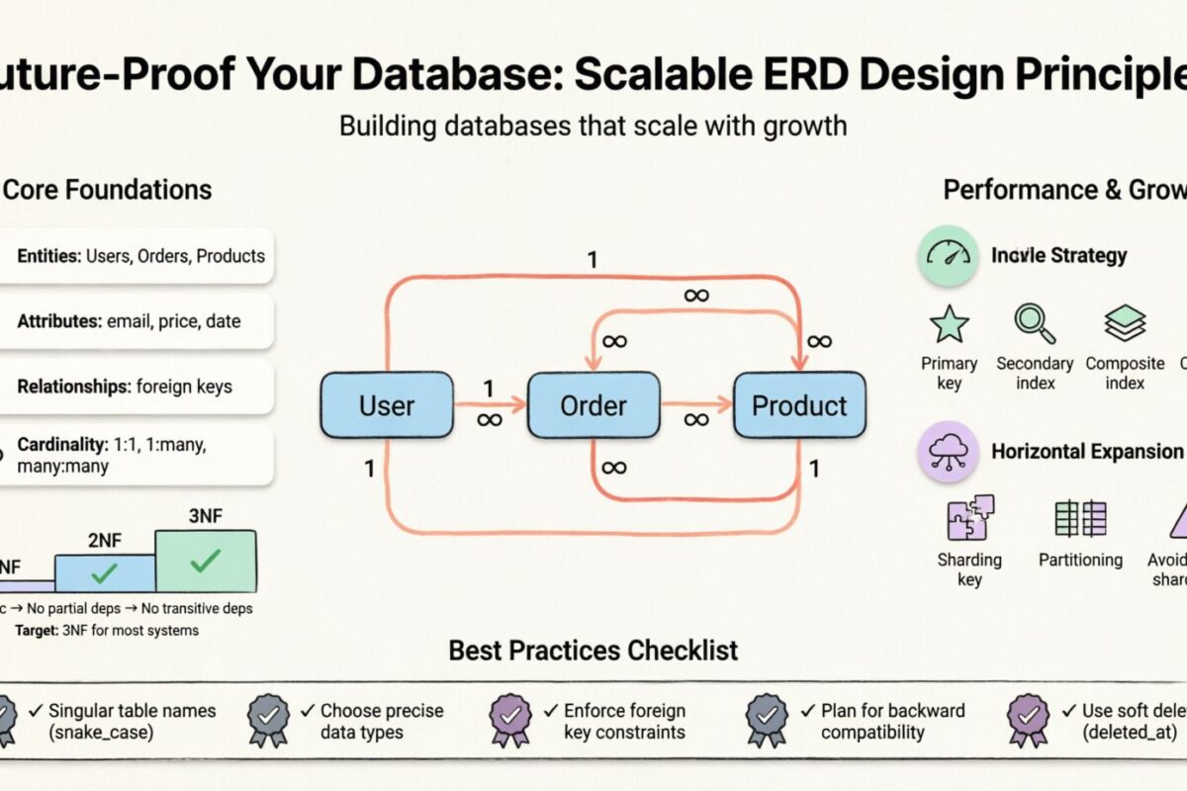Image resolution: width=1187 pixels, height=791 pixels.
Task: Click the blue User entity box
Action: (387, 405)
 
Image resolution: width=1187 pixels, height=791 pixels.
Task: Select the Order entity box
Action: (593, 405)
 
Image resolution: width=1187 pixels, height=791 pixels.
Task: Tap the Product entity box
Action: (799, 405)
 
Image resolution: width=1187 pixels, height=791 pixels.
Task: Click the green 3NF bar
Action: (206, 562)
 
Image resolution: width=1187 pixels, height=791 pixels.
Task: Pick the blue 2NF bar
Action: (105, 573)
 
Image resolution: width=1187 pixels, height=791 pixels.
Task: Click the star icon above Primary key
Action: (950, 323)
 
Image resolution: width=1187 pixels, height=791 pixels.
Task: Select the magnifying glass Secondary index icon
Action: (1035, 323)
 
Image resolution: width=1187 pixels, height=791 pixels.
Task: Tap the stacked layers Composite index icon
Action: (1125, 323)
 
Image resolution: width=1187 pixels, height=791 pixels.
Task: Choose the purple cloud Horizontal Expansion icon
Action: (948, 452)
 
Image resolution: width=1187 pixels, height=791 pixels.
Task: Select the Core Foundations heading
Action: (109, 189)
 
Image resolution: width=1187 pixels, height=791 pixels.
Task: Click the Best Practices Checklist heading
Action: (593, 650)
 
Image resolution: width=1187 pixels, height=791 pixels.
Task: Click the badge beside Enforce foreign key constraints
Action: (512, 721)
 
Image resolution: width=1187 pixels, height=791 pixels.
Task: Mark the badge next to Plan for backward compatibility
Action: (767, 721)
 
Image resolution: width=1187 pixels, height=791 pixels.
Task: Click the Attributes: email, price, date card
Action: (134, 321)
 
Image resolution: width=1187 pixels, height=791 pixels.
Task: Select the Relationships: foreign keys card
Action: (134, 387)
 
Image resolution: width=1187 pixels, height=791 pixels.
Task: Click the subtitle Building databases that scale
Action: (593, 126)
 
